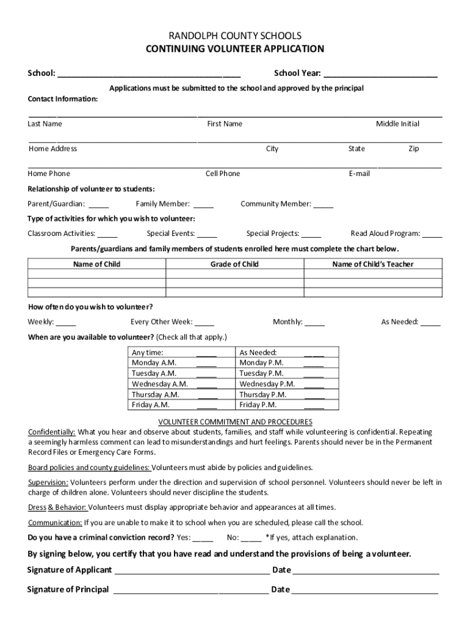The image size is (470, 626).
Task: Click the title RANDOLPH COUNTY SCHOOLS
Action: click(235, 36)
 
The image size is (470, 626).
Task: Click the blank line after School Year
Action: click(380, 74)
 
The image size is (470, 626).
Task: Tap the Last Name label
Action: click(45, 124)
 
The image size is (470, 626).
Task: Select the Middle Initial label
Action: click(397, 124)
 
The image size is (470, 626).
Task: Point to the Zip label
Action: click(413, 149)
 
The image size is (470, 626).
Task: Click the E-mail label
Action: click(359, 174)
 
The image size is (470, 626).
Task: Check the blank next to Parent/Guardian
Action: click(99, 205)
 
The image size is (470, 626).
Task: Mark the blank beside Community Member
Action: click(324, 205)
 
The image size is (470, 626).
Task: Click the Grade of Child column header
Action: click(234, 265)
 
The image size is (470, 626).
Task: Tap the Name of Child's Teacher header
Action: click(372, 265)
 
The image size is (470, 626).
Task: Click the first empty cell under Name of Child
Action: click(96, 274)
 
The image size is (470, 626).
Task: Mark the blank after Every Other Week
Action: click(204, 323)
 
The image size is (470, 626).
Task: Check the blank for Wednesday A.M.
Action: click(207, 385)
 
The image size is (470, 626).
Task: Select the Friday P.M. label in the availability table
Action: click(258, 405)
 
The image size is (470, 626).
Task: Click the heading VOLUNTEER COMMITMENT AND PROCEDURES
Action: click(235, 422)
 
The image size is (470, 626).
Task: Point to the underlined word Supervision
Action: click(48, 483)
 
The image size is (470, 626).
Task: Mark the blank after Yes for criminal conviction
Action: click(203, 539)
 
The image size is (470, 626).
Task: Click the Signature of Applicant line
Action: click(192, 571)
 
